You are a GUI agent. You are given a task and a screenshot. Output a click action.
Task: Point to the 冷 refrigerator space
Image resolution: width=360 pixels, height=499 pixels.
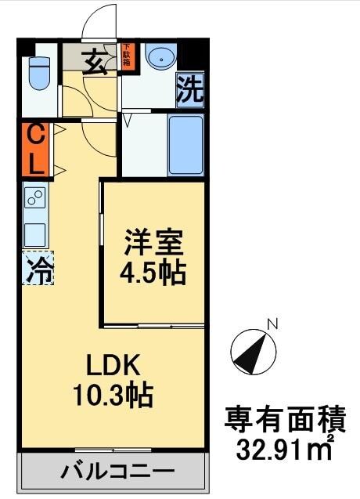pyautogui.click(x=38, y=269)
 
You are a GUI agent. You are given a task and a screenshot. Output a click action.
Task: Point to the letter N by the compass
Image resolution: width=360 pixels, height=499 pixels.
pyautogui.click(x=272, y=323)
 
